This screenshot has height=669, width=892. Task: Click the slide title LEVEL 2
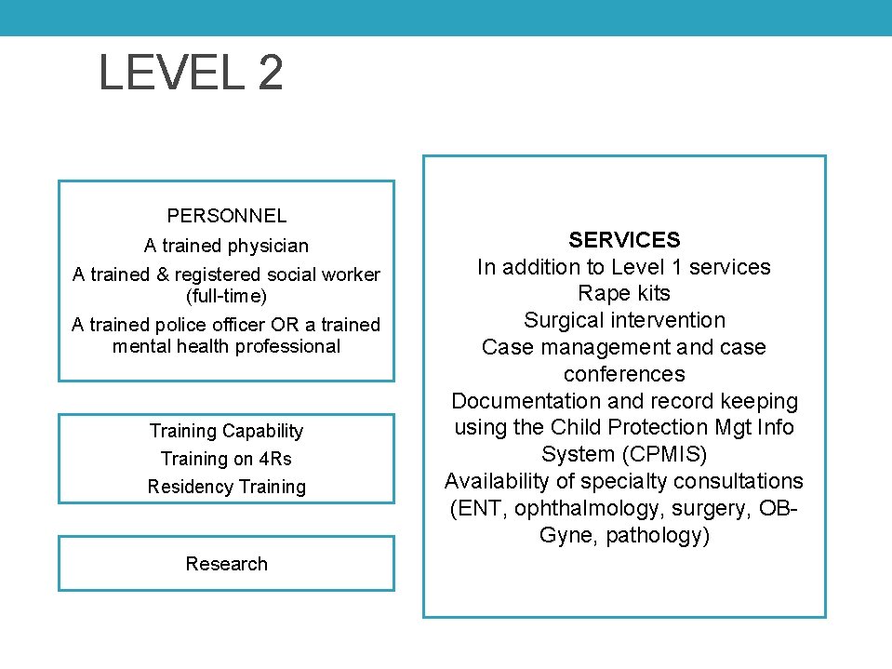[191, 73]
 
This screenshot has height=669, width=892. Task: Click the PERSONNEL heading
[226, 216]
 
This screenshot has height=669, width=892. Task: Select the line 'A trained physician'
[226, 247]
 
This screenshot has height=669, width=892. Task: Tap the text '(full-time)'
[226, 297]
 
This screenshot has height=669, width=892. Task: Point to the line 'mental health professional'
[226, 347]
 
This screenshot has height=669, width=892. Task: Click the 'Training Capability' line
[226, 431]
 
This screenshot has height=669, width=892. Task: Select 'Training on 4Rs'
[226, 459]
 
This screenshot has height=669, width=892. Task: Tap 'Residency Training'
[226, 487]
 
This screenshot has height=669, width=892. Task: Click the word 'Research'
[226, 564]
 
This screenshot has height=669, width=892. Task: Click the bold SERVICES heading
[624, 240]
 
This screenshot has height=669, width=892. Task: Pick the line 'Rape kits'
[624, 293]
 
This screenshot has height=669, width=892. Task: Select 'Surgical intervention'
[624, 320]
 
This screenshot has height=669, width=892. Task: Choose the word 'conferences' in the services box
[624, 374]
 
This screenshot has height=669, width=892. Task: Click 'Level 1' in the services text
[645, 267]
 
